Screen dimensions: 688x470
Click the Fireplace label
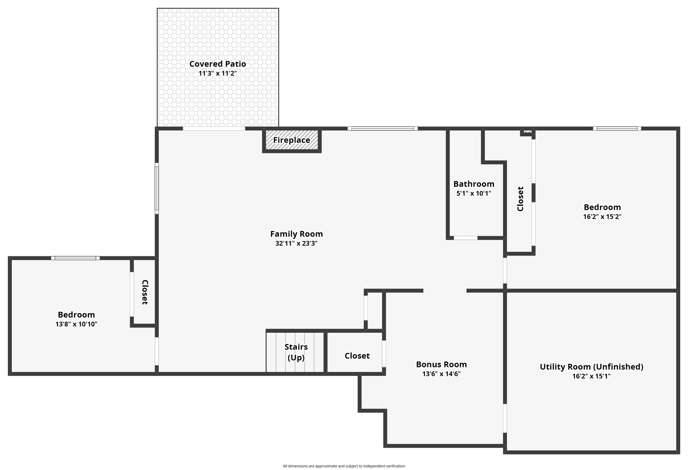[292, 140]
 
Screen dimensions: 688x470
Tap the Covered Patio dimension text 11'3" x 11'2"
[217, 73]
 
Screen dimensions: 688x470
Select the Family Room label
[296, 234]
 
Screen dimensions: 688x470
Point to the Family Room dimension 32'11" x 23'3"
[296, 243]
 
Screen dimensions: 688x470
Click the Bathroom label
[474, 184]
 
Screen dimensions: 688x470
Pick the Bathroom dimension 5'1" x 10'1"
[474, 193]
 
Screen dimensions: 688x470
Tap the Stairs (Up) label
[296, 352]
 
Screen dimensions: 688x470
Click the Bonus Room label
[441, 365]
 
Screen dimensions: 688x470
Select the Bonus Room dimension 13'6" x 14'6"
[441, 374]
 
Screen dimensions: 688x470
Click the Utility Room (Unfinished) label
[591, 367]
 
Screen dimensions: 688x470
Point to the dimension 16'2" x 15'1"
[591, 376]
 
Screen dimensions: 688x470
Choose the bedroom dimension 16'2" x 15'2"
[602, 216]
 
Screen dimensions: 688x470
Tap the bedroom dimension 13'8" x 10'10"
[76, 324]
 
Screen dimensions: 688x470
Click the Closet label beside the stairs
[357, 356]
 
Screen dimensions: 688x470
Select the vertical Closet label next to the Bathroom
[520, 199]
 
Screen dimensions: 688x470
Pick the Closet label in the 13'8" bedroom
[145, 292]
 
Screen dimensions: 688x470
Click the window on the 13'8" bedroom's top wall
[75, 258]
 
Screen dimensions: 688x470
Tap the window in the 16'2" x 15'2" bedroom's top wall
[617, 129]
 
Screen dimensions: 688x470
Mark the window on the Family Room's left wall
[157, 188]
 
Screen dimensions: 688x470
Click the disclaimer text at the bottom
[344, 466]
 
